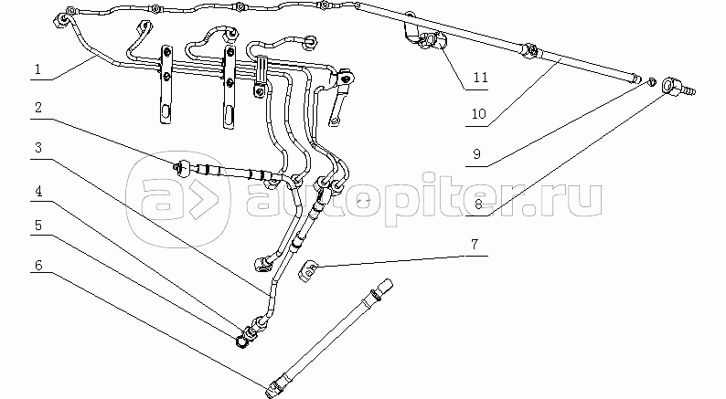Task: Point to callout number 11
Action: pos(475,79)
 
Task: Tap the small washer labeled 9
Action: pos(649,81)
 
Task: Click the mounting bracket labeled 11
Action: pos(428,40)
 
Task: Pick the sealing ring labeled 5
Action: pos(243,341)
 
